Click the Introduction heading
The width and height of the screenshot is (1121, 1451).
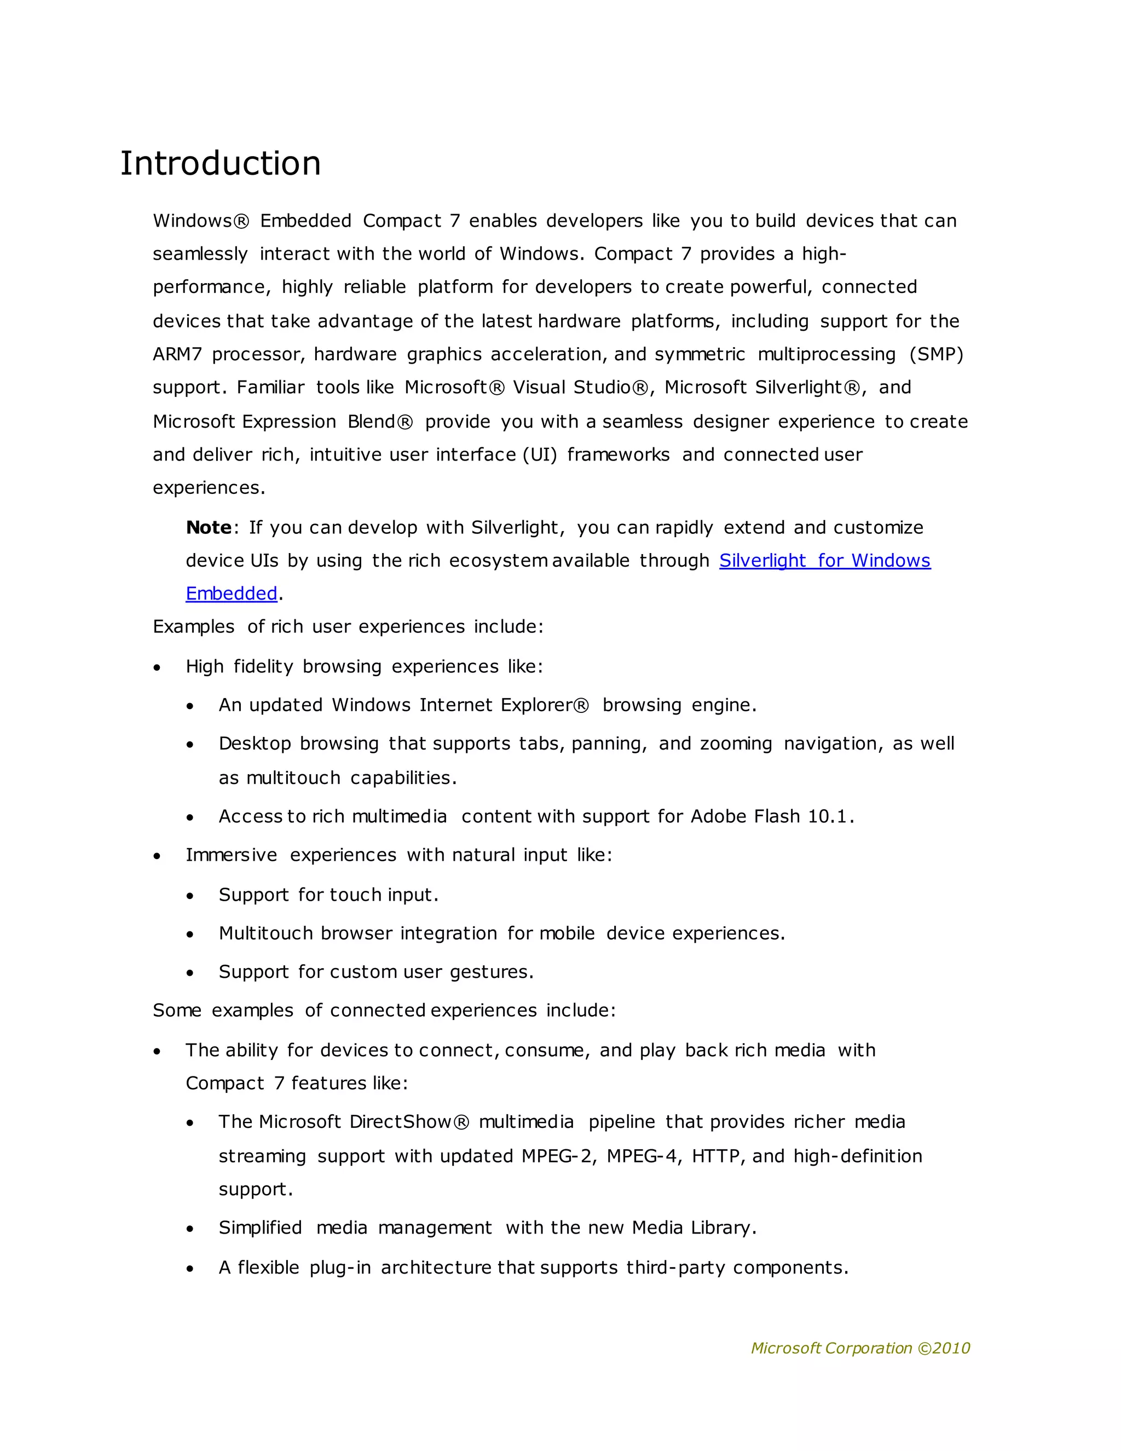220,163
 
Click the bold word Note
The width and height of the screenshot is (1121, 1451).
209,527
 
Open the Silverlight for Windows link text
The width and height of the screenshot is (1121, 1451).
824,561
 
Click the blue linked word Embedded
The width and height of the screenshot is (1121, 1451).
231,594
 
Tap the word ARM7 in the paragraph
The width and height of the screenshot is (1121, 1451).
177,354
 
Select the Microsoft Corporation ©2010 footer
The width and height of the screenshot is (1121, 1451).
860,1348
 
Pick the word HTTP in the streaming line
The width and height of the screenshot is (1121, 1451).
716,1156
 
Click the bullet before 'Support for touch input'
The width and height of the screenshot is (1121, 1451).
190,896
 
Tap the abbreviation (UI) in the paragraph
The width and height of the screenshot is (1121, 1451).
539,455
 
